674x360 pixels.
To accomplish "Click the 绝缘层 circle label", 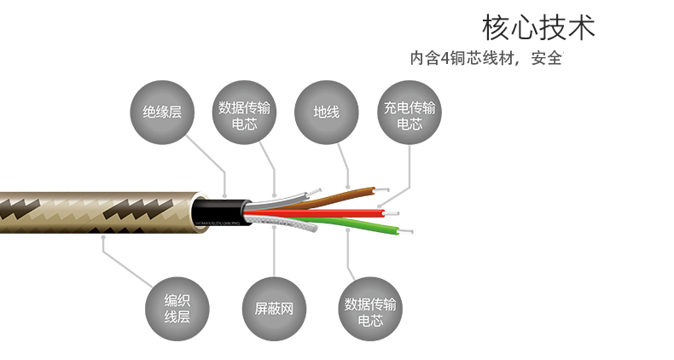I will [x=162, y=112].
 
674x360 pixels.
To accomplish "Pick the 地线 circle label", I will [x=327, y=112].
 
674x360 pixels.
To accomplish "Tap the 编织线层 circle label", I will [x=177, y=309].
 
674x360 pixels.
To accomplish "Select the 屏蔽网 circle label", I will [x=274, y=309].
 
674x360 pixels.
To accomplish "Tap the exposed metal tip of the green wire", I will [x=407, y=232].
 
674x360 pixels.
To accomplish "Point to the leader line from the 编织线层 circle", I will [x=128, y=264].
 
